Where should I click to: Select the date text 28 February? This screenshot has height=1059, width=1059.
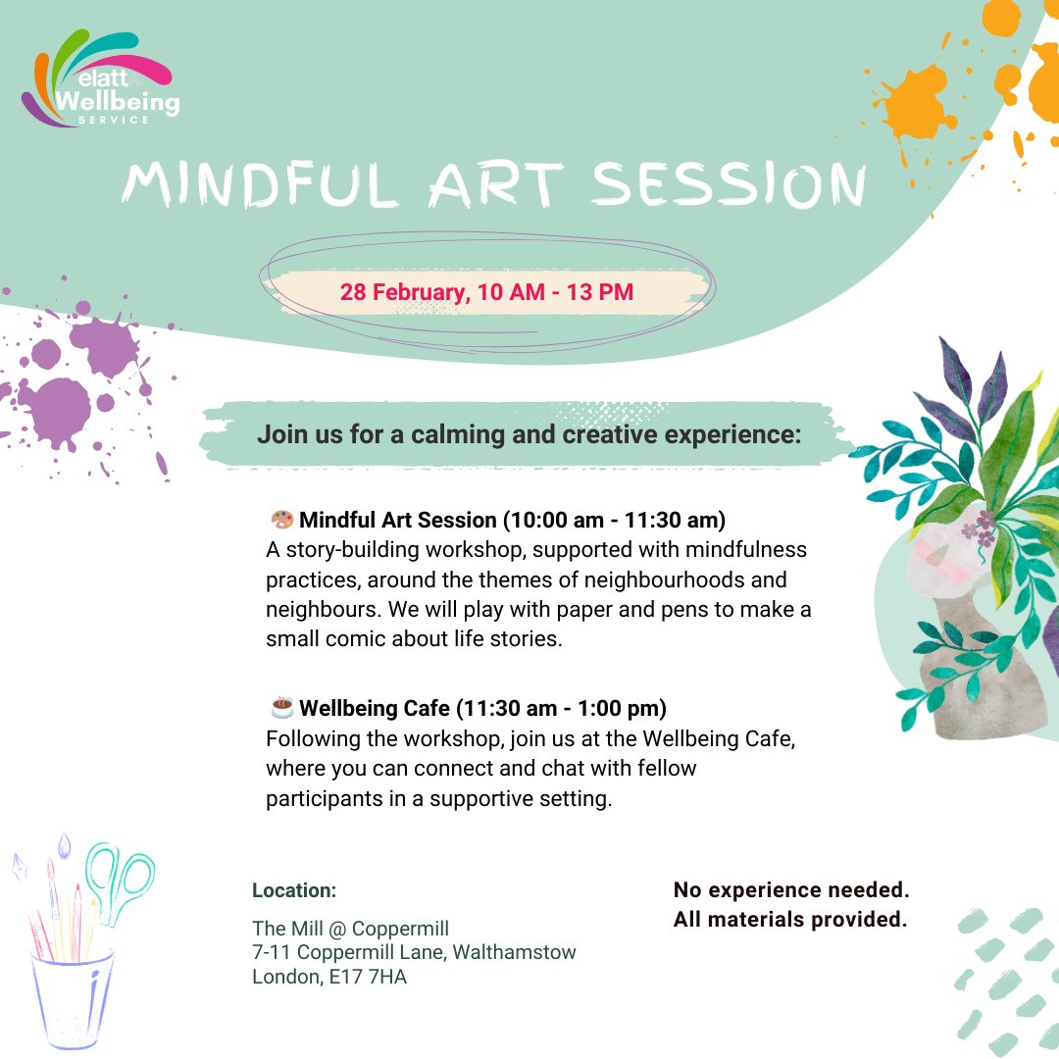[403, 292]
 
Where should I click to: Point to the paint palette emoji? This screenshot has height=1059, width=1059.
[281, 519]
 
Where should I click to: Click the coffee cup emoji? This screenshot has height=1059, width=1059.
[281, 706]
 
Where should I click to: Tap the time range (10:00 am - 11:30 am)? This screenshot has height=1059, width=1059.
[614, 520]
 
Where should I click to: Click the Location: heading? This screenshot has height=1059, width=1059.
[294, 890]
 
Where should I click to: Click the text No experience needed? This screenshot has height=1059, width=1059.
[791, 890]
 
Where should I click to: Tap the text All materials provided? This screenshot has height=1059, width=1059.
[789, 920]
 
